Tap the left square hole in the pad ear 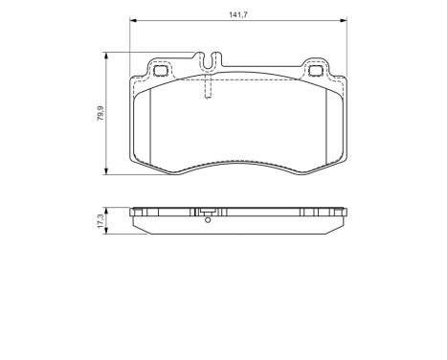point(160,69)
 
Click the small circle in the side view point(208,221)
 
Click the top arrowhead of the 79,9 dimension point(105,55)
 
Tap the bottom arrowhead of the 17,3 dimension point(105,232)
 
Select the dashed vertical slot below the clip point(208,88)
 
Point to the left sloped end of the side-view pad point(138,223)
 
